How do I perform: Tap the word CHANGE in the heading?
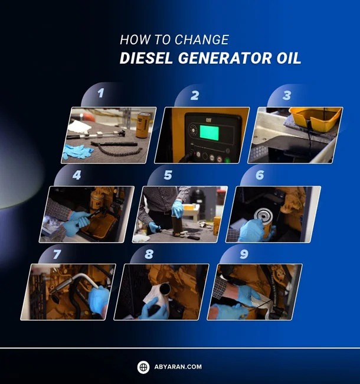199,40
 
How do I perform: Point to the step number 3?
286,95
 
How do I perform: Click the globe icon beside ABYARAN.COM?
143,367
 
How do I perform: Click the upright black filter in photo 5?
176,223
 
